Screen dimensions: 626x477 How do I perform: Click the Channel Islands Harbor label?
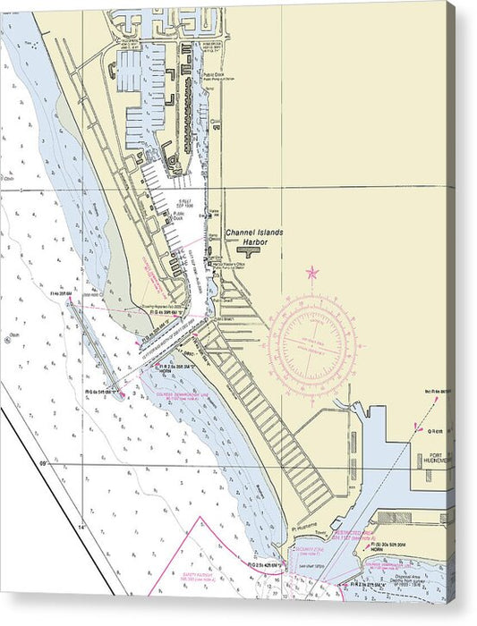point(254,237)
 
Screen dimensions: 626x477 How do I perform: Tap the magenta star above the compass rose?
point(312,272)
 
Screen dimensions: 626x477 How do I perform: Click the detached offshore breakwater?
point(96,349)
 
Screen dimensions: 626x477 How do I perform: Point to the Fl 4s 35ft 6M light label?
point(59,294)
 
